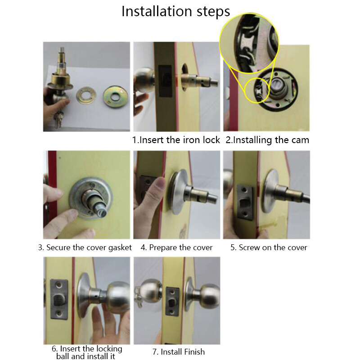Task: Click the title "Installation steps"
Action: [175, 12]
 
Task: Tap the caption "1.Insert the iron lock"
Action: [176, 140]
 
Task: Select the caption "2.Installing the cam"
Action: [267, 140]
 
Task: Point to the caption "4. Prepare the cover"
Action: [176, 247]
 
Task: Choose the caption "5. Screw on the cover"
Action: [269, 247]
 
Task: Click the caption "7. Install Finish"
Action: [179, 352]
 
